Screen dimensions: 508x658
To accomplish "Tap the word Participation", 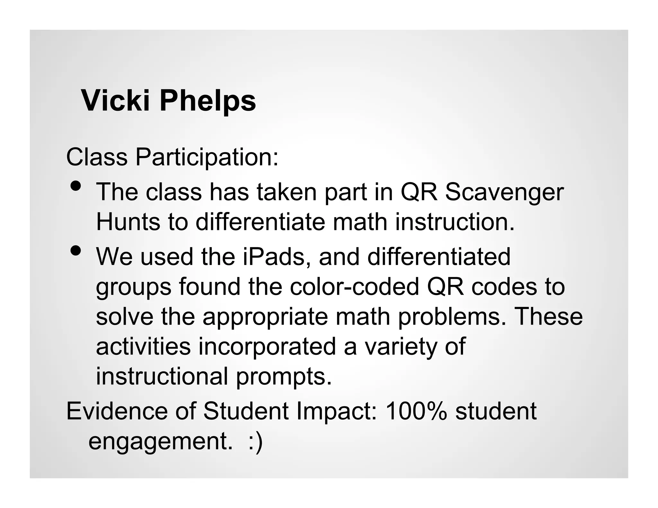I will tap(207, 157).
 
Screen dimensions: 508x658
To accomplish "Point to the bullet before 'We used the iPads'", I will tap(76, 250).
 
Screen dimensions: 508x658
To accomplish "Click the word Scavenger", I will tap(504, 192).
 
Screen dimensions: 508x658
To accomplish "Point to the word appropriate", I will tap(265, 317).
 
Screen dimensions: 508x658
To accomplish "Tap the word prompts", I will tap(284, 376).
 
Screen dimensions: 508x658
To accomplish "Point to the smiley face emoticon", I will tap(256, 441).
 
